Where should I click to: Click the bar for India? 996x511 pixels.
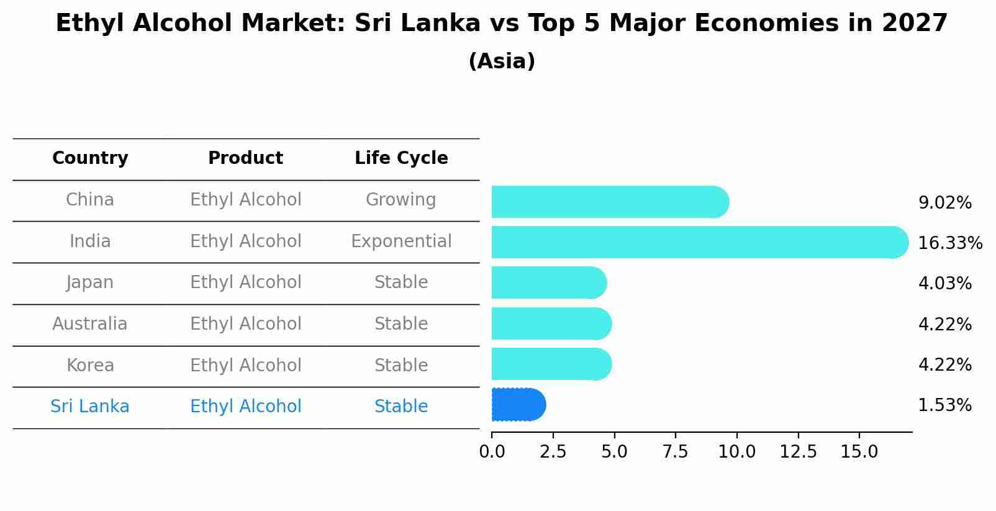pyautogui.click(x=699, y=242)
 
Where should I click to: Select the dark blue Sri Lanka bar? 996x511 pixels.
pyautogui.click(x=518, y=405)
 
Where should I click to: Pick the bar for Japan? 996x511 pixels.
pyautogui.click(x=548, y=283)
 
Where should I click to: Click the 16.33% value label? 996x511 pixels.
pyautogui.click(x=949, y=243)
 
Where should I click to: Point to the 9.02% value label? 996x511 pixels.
pyautogui.click(x=944, y=202)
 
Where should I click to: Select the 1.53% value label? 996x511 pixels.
pyautogui.click(x=944, y=405)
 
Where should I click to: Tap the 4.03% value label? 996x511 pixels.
pyautogui.click(x=944, y=283)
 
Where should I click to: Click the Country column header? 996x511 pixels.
pyautogui.click(x=90, y=158)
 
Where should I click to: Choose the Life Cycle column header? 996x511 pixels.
pyautogui.click(x=401, y=158)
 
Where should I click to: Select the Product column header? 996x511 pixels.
pyautogui.click(x=245, y=158)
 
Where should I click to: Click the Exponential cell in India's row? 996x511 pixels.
pyautogui.click(x=401, y=241)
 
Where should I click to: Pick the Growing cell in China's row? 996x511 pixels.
pyautogui.click(x=401, y=200)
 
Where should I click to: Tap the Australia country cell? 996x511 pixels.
pyautogui.click(x=90, y=324)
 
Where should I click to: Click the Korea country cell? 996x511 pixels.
pyautogui.click(x=90, y=365)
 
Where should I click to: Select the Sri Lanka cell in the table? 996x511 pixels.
pyautogui.click(x=90, y=407)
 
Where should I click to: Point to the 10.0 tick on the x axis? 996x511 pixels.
pyautogui.click(x=736, y=452)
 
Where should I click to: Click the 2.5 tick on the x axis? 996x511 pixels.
pyautogui.click(x=553, y=452)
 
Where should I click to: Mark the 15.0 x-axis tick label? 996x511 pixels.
pyautogui.click(x=859, y=452)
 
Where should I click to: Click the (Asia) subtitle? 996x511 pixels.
pyautogui.click(x=502, y=61)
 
